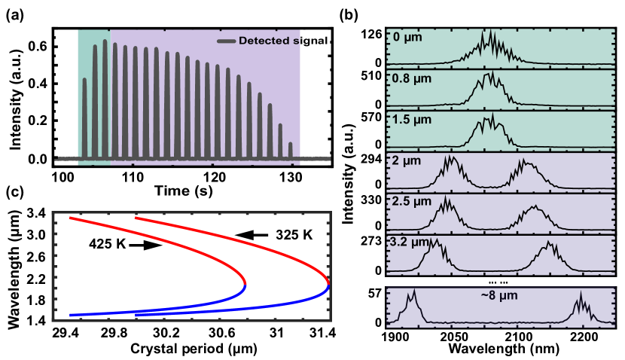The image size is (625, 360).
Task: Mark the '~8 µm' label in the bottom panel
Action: click(499, 295)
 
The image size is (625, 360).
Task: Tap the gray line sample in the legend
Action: click(226, 41)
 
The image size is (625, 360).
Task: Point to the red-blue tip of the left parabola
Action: click(245, 283)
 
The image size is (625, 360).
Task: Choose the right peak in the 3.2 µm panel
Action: click(550, 245)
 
